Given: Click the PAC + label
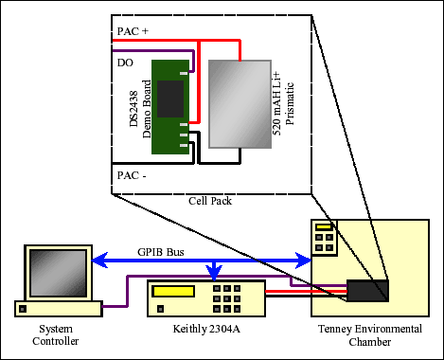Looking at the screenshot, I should [133, 31].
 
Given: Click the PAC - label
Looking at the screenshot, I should [133, 176].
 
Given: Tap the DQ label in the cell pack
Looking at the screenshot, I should [125, 63].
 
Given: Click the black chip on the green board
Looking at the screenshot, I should [170, 98].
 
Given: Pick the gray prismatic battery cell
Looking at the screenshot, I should [239, 103].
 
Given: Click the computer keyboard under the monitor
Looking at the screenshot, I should [58, 308].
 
